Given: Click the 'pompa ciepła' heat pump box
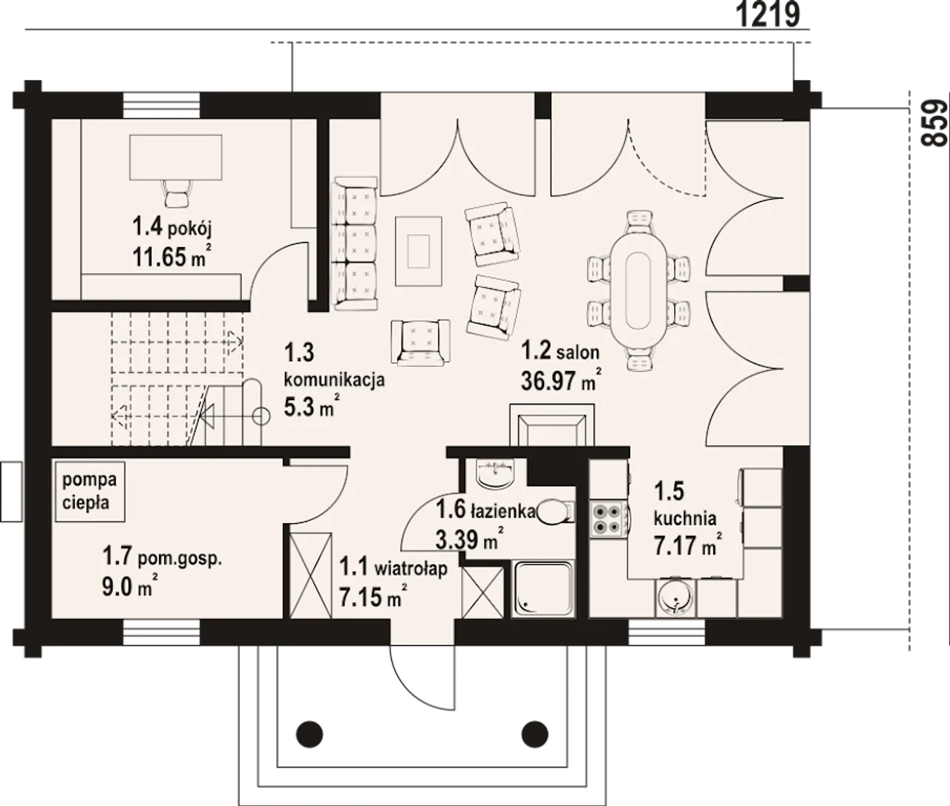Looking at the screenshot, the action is point(90,491).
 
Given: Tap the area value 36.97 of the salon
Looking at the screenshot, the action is point(548,381).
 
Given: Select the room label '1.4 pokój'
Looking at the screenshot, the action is point(172,227).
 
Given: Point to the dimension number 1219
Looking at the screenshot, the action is point(768,14).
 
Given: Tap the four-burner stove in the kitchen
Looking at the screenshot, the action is point(608,519).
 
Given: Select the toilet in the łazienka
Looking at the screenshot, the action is point(555,512).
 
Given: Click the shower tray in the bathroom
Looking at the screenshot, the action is point(543,589).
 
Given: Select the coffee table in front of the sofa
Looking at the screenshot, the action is point(419,250).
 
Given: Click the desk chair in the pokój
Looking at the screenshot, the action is point(177,194).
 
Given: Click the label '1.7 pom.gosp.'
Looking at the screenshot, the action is point(162,557).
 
